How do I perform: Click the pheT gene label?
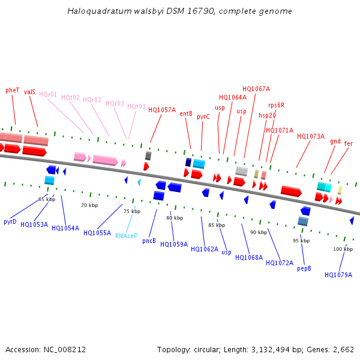pyautogui.click(x=13, y=90)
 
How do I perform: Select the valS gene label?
pyautogui.click(x=29, y=92)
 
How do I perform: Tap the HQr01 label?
pyautogui.click(x=48, y=95)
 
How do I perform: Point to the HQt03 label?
pyautogui.click(x=136, y=107)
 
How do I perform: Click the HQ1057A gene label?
pyautogui.click(x=162, y=110)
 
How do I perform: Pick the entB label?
pyautogui.click(x=186, y=113)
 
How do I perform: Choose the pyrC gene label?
pyautogui.click(x=203, y=117)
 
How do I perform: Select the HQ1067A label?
pyautogui.click(x=256, y=89)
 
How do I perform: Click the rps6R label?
pyautogui.click(x=277, y=106)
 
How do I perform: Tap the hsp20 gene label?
pyautogui.click(x=267, y=115)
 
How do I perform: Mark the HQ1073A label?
pyautogui.click(x=310, y=137)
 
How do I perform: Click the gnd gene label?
pyautogui.click(x=335, y=142)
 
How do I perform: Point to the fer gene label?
pyautogui.click(x=349, y=144)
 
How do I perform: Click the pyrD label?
pyautogui.click(x=10, y=222)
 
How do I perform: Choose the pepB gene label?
pyautogui.click(x=304, y=268)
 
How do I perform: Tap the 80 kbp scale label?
pyautogui.click(x=175, y=218)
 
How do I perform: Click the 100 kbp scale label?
pyautogui.click(x=343, y=249)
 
